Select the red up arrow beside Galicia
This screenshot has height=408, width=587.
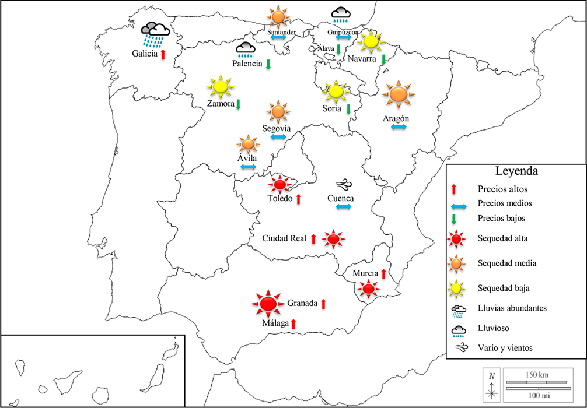tap(163, 54)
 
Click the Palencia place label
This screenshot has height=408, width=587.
tap(247, 64)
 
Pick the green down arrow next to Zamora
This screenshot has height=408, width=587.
tap(238, 104)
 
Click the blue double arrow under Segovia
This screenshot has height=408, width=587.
tap(277, 136)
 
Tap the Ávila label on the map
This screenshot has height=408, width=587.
tap(247, 157)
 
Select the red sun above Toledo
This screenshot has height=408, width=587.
tap(279, 185)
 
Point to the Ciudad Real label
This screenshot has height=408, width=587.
tap(284, 238)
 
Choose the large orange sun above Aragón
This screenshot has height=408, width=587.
tap(399, 94)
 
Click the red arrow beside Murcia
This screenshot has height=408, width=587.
tap(384, 273)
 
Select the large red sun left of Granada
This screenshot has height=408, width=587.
tap(268, 304)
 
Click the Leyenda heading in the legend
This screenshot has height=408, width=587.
tap(516, 171)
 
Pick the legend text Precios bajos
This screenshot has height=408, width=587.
tap(501, 219)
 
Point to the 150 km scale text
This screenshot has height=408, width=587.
tap(535, 373)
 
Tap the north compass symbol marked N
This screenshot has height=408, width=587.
tap(492, 385)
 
